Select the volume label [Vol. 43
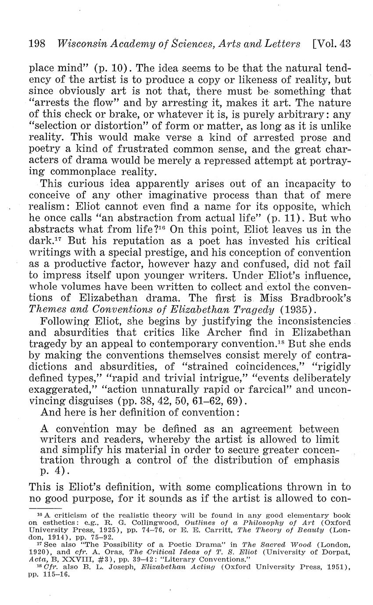[332, 44]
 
